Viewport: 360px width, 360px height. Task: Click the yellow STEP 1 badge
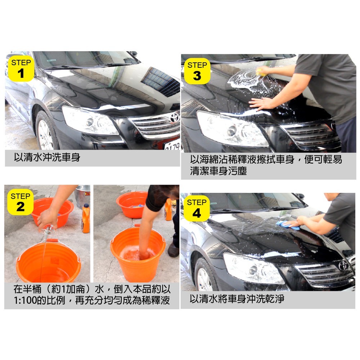coord(21,68)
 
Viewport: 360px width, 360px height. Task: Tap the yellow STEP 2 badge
coord(20,202)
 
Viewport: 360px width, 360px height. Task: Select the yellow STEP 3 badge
coord(197,71)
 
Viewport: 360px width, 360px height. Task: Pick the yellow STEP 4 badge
coord(197,208)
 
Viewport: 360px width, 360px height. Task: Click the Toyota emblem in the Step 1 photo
coord(174,118)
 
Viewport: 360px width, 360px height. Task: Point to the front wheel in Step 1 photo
coord(46,131)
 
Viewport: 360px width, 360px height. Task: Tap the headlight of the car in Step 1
coord(90,121)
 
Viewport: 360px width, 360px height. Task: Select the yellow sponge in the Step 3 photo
coord(261,72)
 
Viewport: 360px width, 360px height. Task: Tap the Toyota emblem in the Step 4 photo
coord(343,266)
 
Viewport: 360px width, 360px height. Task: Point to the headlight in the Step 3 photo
coord(232,129)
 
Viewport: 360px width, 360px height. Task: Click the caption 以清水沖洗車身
coord(47,158)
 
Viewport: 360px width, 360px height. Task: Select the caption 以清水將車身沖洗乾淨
coord(237,299)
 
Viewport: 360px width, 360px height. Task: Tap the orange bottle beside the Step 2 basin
coord(86,218)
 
